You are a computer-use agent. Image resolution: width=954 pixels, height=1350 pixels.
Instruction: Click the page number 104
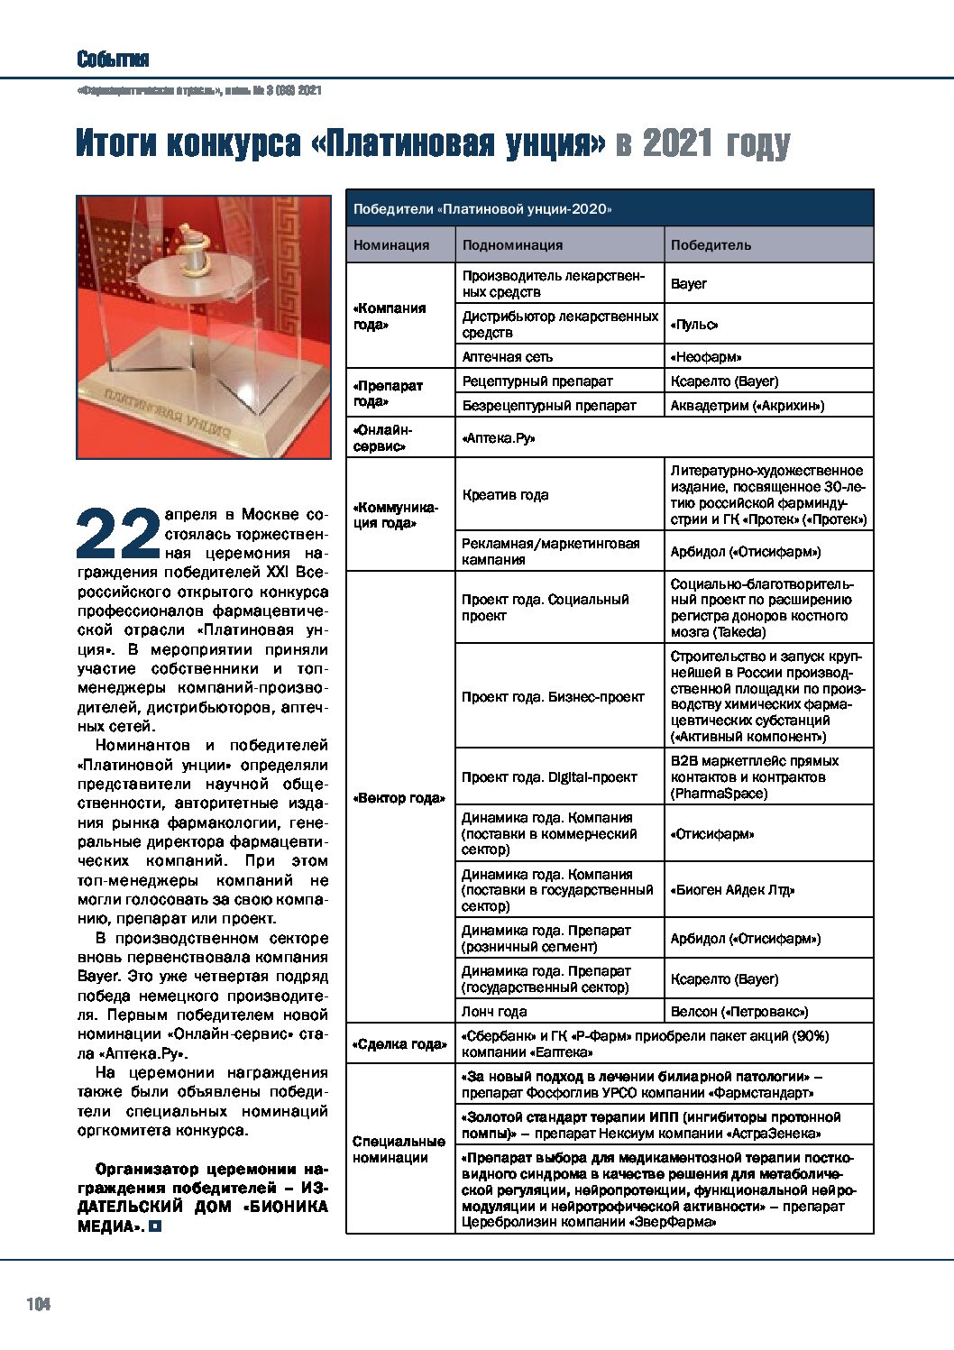[x=39, y=1304]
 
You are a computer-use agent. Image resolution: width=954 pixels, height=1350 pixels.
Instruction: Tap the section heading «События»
[x=113, y=60]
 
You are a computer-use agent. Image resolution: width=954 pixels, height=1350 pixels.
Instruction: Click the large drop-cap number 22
[x=118, y=535]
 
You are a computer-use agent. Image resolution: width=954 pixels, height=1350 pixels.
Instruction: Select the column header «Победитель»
[x=711, y=245]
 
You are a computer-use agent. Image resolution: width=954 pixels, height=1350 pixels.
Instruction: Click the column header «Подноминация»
[x=512, y=245]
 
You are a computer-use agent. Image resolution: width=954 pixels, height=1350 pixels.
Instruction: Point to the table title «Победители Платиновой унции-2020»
[x=482, y=209]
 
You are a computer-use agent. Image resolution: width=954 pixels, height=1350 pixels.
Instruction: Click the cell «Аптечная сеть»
[x=508, y=357]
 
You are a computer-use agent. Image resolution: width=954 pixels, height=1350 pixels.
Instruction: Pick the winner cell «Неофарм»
[x=706, y=357]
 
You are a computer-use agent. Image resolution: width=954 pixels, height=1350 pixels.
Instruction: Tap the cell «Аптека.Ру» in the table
[x=499, y=438]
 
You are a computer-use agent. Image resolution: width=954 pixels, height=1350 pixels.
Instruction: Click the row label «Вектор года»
[x=399, y=798]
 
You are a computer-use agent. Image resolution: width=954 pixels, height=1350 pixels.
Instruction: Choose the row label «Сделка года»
[x=399, y=1044]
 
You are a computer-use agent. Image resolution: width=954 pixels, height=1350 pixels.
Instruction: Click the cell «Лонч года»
[x=494, y=1012]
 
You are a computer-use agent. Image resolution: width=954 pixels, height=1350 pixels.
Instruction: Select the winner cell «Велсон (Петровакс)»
[x=739, y=1012]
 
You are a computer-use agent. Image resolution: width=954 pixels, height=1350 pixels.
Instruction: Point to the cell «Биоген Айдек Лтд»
[x=732, y=890]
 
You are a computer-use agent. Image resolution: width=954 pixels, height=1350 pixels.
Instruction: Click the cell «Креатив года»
[x=505, y=495]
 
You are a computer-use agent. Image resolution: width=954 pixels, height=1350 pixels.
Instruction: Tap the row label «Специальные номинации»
[x=399, y=1150]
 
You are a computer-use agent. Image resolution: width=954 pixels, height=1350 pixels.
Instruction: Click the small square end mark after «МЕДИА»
[x=156, y=1226]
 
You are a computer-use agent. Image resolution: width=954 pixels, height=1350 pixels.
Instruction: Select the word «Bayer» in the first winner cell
[x=689, y=284]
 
